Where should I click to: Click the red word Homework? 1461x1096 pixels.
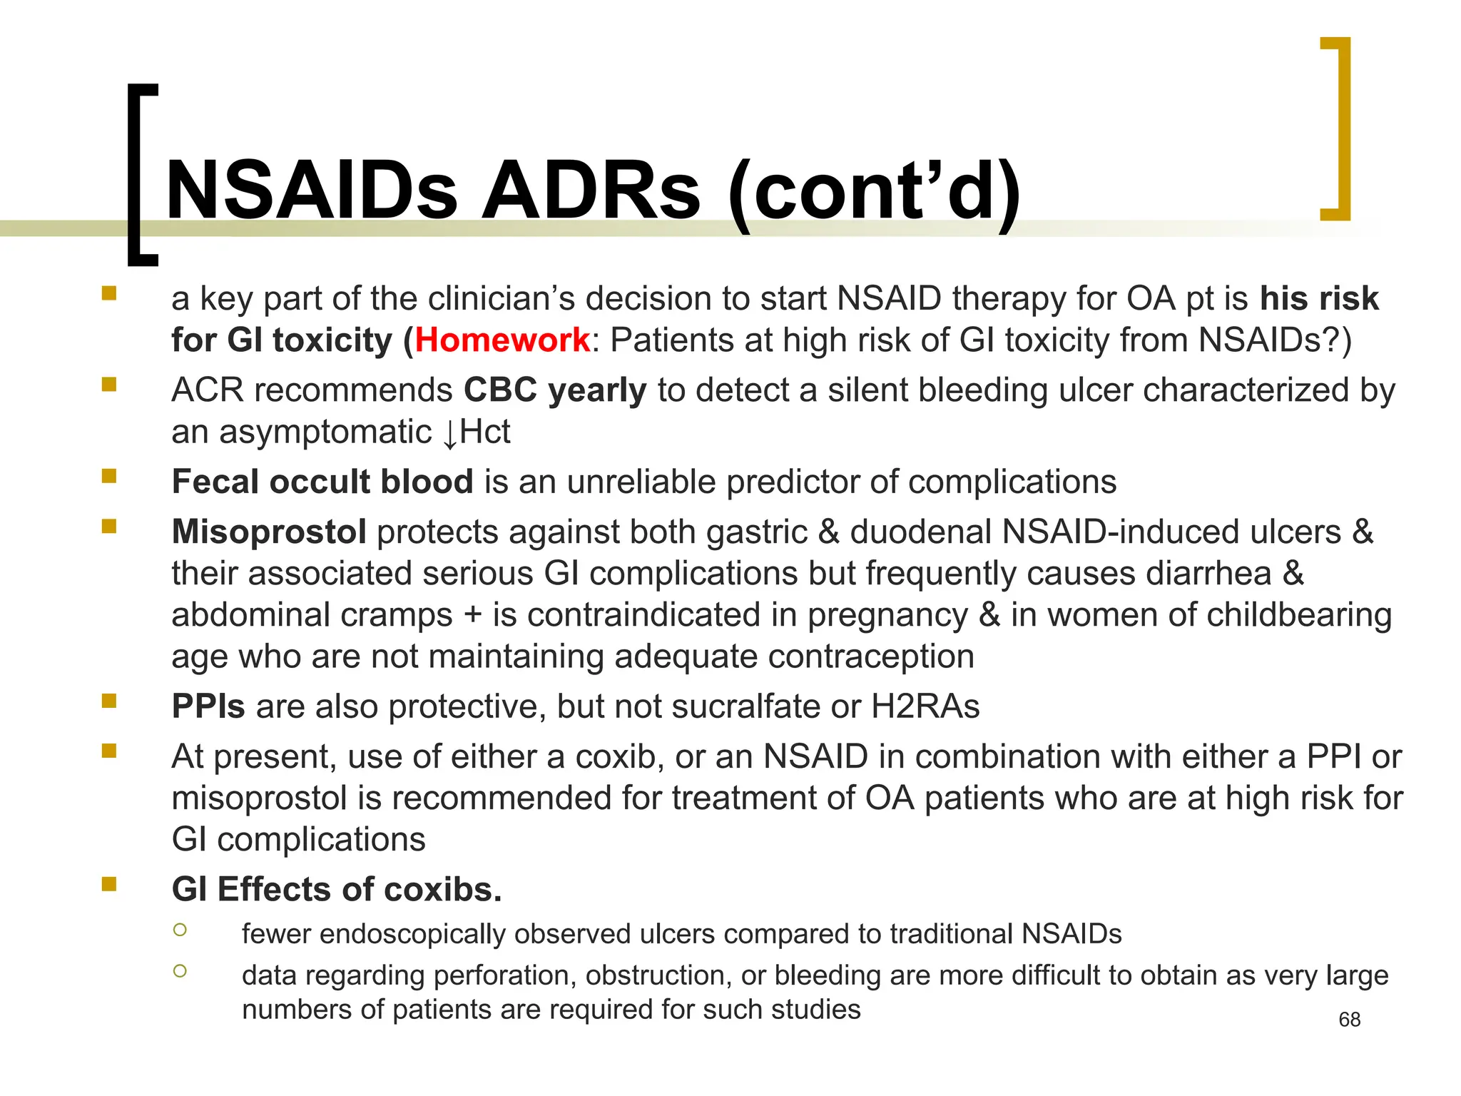[502, 340]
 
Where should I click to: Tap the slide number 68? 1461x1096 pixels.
[1350, 1020]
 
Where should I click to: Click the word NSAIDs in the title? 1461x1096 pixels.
[311, 191]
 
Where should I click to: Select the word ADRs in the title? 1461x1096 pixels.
[591, 191]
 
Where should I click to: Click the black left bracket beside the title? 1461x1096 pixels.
[140, 175]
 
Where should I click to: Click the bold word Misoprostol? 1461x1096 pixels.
[269, 532]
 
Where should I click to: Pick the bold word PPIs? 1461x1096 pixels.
[208, 706]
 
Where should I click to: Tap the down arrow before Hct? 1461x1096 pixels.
[449, 434]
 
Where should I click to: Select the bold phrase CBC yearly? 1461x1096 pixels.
[555, 390]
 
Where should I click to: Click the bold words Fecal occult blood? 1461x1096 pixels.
[322, 482]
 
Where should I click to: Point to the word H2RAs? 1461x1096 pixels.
[925, 706]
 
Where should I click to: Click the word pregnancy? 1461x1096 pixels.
[887, 615]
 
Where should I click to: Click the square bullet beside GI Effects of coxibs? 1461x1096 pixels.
[109, 885]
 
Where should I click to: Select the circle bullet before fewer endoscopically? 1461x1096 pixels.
[180, 929]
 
